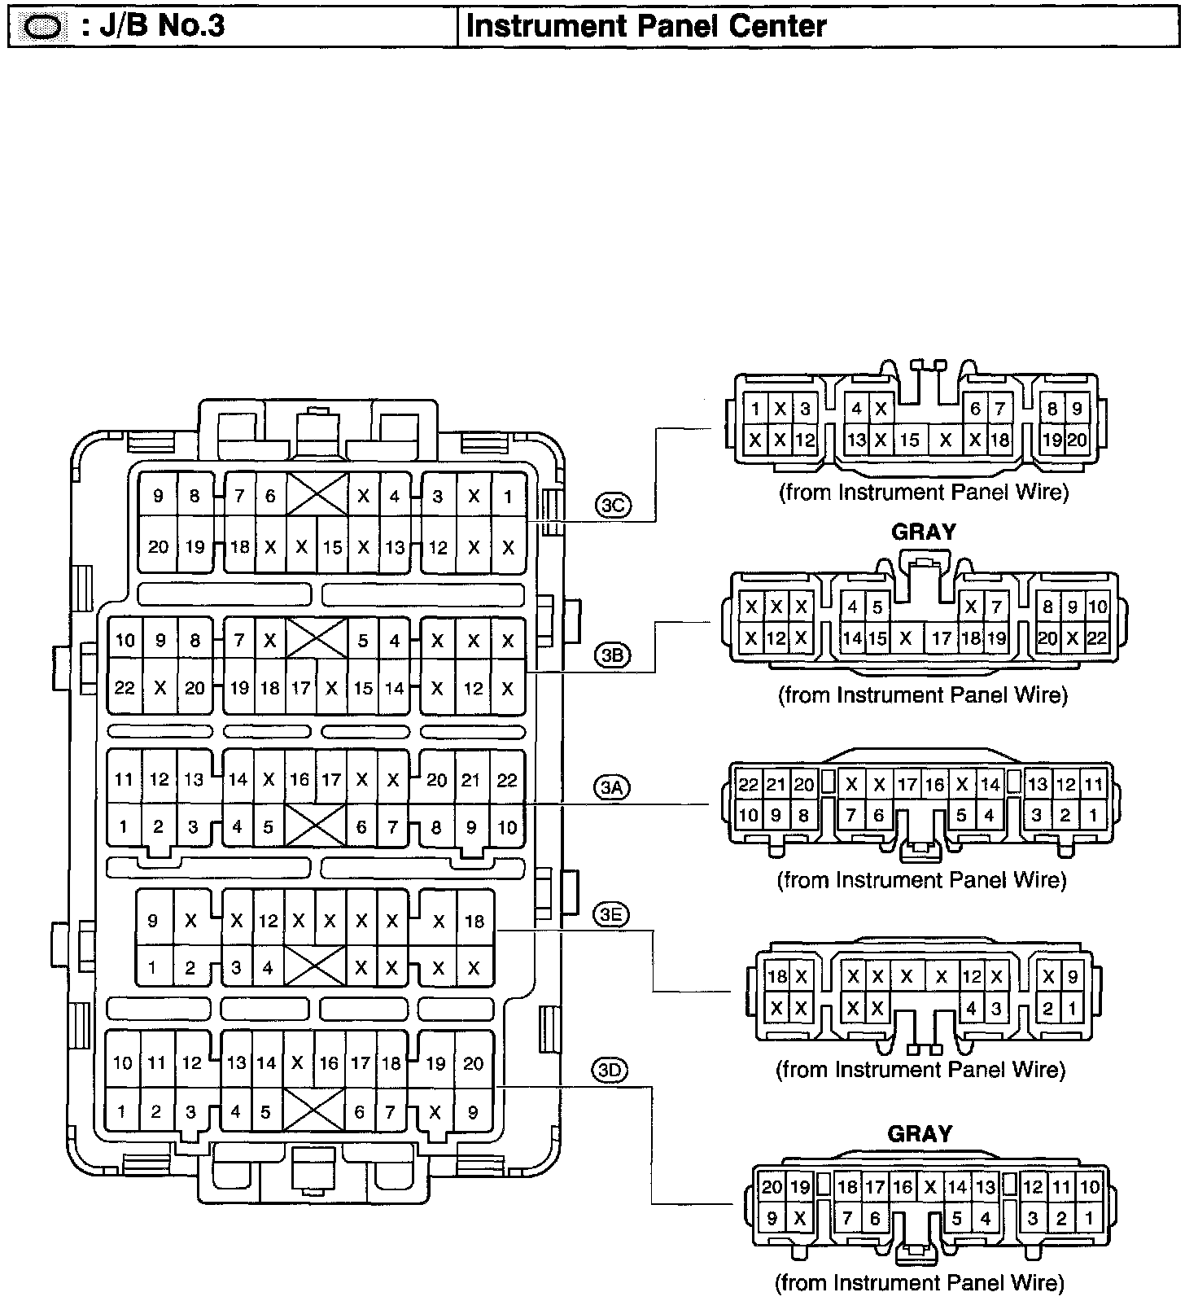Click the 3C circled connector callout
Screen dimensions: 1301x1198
pos(612,506)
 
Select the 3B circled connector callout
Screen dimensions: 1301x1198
pos(612,655)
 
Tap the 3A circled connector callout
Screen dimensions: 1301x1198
pos(612,787)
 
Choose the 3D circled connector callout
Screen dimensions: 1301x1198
pos(610,1070)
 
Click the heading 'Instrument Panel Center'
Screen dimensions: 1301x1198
pos(646,26)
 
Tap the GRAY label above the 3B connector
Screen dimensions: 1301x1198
pos(924,532)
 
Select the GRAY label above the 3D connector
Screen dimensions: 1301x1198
pos(920,1134)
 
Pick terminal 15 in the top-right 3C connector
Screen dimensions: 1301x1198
pos(909,440)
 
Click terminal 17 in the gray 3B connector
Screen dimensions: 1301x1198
pos(942,638)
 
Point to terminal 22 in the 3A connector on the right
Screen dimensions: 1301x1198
pos(748,785)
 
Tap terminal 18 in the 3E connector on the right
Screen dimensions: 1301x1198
pos(777,977)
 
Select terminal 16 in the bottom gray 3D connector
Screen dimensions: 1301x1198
pos(903,1186)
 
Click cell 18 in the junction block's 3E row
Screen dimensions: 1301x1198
pos(474,921)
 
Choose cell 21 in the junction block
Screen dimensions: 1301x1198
pos(471,780)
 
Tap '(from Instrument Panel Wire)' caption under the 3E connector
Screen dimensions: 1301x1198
pos(920,1069)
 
